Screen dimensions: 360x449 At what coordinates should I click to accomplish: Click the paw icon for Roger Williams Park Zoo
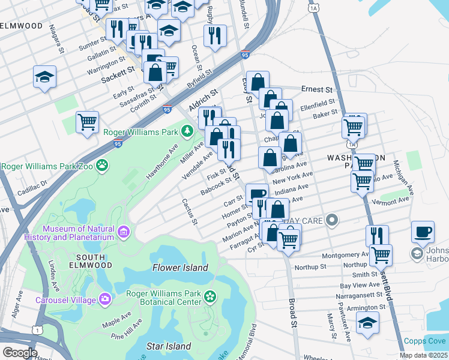103,163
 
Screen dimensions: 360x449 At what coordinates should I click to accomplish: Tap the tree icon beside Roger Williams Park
188,130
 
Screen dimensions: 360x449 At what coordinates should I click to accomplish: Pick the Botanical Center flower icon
209,296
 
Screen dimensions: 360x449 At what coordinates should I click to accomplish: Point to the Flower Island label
179,268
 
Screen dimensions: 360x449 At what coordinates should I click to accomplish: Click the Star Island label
169,346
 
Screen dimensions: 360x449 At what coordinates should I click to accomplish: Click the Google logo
20,352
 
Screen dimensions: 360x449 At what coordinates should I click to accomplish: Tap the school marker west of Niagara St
44,77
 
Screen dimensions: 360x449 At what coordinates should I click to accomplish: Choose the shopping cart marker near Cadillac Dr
88,122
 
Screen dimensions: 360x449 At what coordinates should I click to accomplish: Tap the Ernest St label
317,89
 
